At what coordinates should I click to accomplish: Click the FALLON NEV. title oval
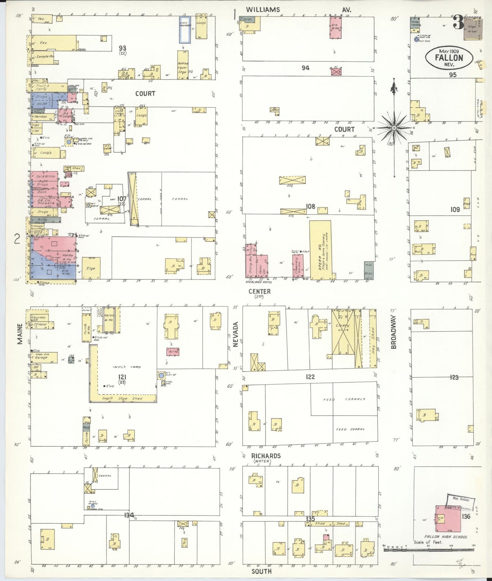[x=449, y=58]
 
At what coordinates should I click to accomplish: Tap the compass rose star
[x=394, y=128]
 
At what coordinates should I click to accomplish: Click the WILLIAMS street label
[x=263, y=10]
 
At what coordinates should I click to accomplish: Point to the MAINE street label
[x=20, y=333]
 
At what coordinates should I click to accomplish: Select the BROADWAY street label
[x=394, y=332]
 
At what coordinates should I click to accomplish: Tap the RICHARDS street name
[x=266, y=456]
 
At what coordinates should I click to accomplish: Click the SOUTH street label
[x=261, y=571]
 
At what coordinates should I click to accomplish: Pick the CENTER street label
[x=259, y=292]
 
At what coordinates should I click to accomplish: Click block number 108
[x=310, y=206]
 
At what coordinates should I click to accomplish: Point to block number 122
[x=310, y=377]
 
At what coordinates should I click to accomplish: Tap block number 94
[x=305, y=68]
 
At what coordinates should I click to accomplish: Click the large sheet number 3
[x=458, y=23]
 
